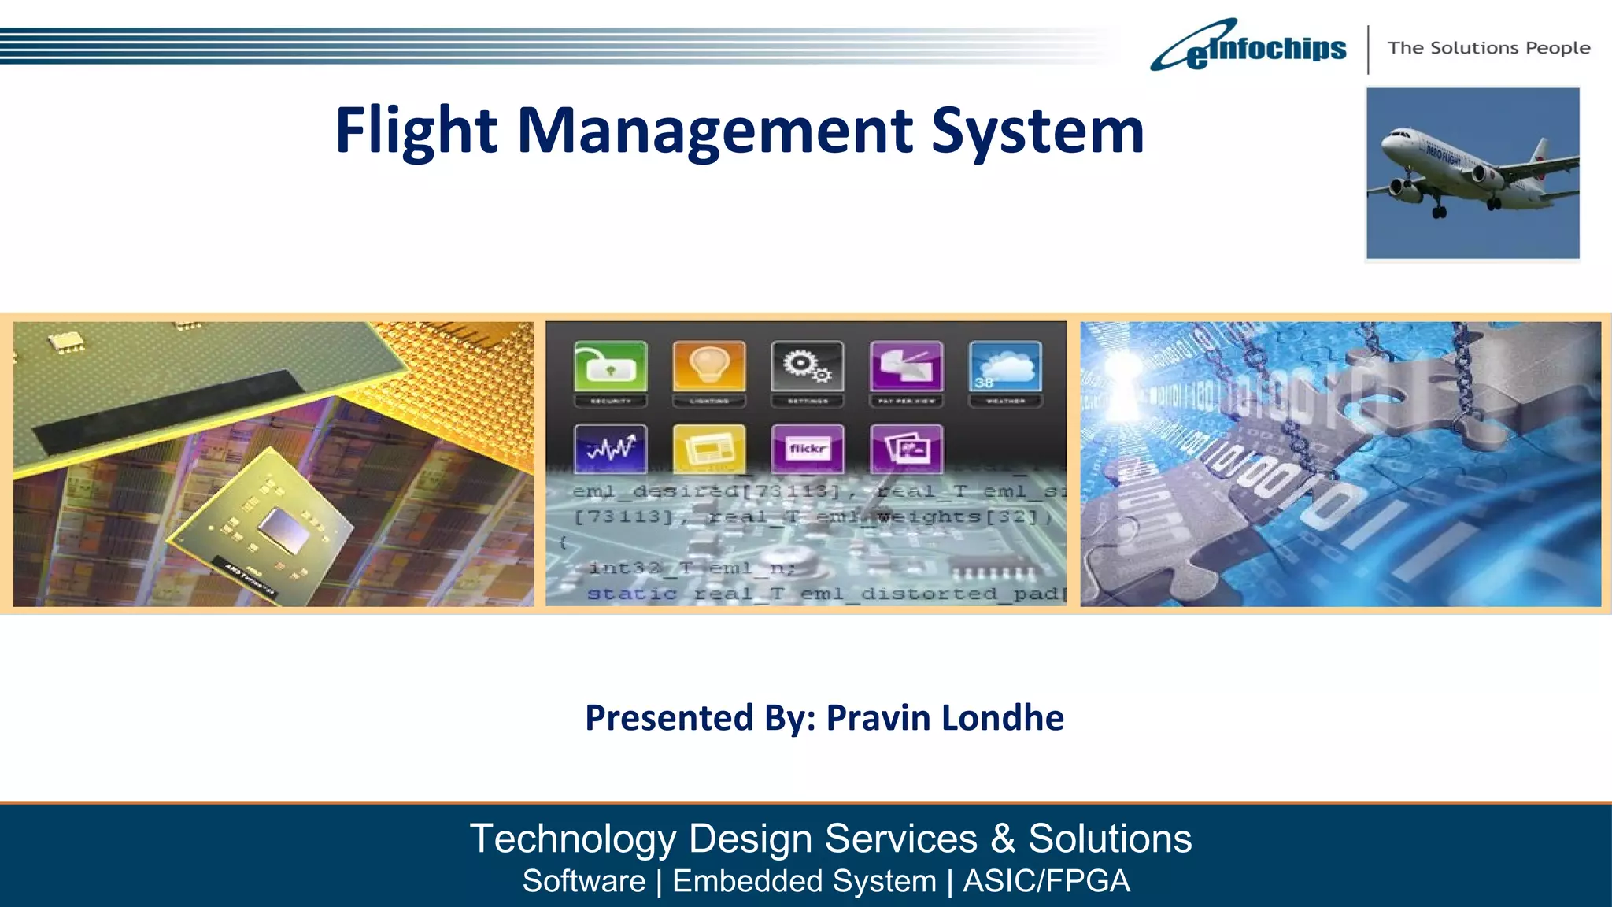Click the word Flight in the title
pyautogui.click(x=416, y=131)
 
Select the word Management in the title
pyautogui.click(x=715, y=131)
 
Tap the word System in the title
pyautogui.click(x=1037, y=131)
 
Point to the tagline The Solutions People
pyautogui.click(x=1488, y=48)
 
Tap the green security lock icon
pyautogui.click(x=611, y=366)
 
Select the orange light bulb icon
pyautogui.click(x=709, y=366)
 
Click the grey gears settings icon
pyautogui.click(x=808, y=366)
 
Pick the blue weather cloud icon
pyautogui.click(x=1005, y=366)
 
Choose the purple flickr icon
pyautogui.click(x=808, y=449)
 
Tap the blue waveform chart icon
pyautogui.click(x=611, y=449)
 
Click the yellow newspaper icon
pyautogui.click(x=709, y=449)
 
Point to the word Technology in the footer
pyautogui.click(x=572, y=839)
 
